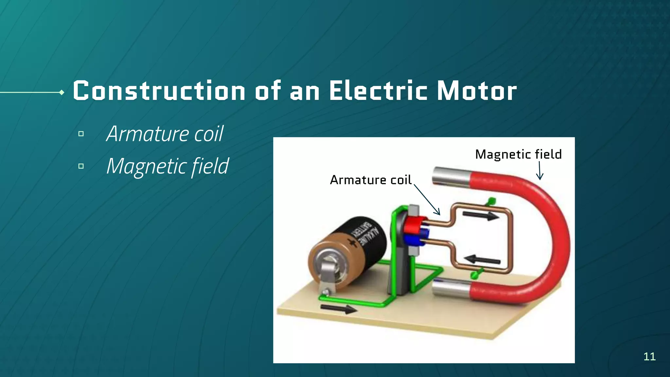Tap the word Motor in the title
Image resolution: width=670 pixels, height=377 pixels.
tap(477, 91)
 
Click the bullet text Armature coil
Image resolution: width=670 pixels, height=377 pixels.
tap(165, 134)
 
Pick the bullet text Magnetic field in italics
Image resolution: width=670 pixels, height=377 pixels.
tap(167, 166)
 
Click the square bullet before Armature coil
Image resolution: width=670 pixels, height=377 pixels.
tap(81, 134)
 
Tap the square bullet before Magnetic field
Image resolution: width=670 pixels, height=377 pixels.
tap(81, 166)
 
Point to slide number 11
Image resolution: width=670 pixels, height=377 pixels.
tap(649, 356)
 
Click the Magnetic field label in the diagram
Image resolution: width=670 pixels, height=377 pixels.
tap(518, 154)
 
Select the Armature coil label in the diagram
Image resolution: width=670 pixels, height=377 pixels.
tap(370, 180)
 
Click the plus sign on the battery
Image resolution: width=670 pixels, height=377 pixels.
tap(353, 243)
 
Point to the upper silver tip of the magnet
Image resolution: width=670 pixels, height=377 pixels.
tap(450, 177)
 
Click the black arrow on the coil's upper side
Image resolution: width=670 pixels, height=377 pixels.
tap(481, 216)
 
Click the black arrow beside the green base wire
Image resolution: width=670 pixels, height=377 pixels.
tap(338, 309)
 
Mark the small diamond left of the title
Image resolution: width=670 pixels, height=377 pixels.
tap(62, 93)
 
